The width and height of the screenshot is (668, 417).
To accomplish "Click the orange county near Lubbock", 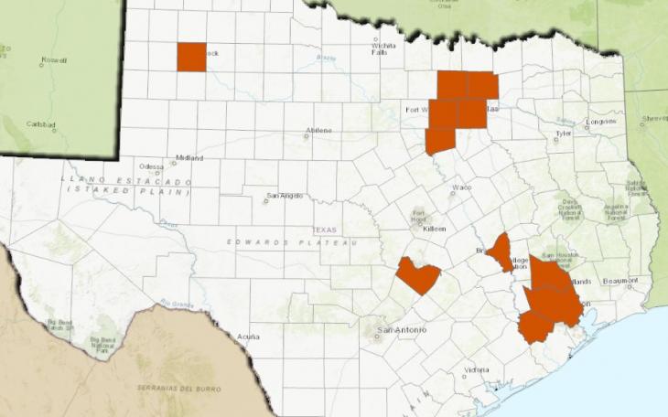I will tap(191, 57).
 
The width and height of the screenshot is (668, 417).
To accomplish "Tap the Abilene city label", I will tap(319, 131).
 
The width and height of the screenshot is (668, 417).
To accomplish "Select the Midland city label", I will tap(189, 158).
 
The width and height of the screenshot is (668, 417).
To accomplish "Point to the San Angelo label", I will tap(285, 196).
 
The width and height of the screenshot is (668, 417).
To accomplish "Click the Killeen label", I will tap(434, 229).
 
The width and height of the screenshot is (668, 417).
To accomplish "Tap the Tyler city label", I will tap(563, 134).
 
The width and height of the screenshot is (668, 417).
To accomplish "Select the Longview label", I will tap(601, 121).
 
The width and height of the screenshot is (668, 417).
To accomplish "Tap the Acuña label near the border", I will tap(248, 337).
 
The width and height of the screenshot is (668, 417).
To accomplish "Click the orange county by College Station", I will tap(500, 252).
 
